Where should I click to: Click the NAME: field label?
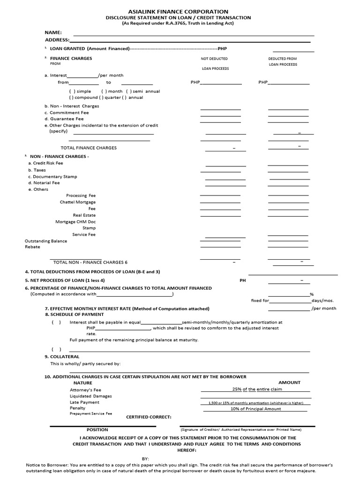(x=53, y=32)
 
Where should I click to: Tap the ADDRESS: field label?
(x=57, y=40)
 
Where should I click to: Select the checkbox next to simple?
(x=71, y=91)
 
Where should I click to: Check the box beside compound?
(x=71, y=97)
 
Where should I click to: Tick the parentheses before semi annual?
(x=127, y=91)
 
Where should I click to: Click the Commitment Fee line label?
(x=66, y=112)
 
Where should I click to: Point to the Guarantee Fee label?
(x=64, y=119)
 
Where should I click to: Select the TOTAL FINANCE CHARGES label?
(x=89, y=148)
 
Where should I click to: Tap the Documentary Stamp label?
(x=52, y=177)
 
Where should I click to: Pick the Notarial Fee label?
(x=44, y=183)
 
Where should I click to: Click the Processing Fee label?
(x=81, y=195)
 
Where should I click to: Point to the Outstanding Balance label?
(x=46, y=241)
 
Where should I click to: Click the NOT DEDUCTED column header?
(x=214, y=59)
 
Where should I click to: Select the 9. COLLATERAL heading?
(x=62, y=357)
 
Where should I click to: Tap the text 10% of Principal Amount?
(x=255, y=409)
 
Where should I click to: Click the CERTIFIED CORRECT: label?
(x=149, y=417)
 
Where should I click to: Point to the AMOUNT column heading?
(x=289, y=382)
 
